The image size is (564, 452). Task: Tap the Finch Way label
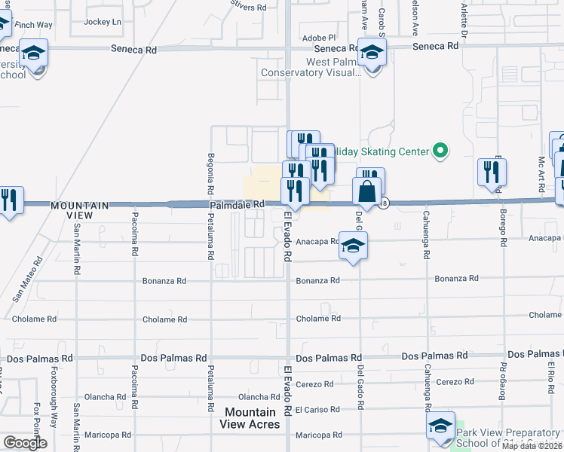tap(34, 25)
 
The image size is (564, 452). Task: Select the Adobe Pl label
tap(317, 38)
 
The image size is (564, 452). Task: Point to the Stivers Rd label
tap(249, 7)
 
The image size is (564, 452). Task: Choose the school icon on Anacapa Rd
tap(352, 246)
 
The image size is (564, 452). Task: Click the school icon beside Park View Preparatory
tap(440, 426)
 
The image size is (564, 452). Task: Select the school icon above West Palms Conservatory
tap(372, 52)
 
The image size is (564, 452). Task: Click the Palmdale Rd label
tap(238, 203)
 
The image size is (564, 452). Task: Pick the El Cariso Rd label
tap(315, 410)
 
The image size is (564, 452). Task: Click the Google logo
tap(25, 443)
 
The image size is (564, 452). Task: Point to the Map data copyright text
tap(532, 446)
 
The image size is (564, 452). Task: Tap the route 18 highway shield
tap(384, 203)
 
